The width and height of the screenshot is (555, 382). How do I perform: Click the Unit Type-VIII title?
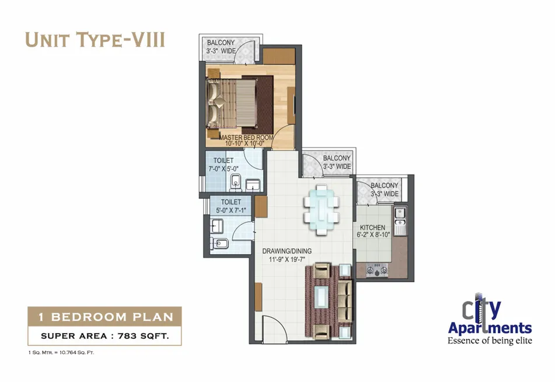point(95,40)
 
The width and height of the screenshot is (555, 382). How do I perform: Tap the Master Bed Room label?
point(246,137)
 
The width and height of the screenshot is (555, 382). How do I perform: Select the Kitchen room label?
point(372,227)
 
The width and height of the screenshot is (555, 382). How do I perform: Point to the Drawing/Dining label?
point(287,251)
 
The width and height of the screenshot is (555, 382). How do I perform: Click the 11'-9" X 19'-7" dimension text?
point(287,260)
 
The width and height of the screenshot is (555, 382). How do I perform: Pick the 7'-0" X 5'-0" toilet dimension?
point(224,169)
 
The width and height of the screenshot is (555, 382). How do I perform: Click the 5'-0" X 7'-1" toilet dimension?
point(231,211)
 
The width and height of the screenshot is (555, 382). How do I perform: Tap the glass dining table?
point(322,209)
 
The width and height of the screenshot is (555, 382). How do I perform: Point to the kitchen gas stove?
point(377,270)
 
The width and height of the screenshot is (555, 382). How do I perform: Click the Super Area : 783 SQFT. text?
point(105,336)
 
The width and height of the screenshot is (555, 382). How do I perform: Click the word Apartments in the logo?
point(490,328)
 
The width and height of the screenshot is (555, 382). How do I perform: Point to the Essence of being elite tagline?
point(490,341)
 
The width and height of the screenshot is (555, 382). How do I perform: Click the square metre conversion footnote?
point(61,352)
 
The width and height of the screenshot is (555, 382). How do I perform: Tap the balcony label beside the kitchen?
point(385,190)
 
